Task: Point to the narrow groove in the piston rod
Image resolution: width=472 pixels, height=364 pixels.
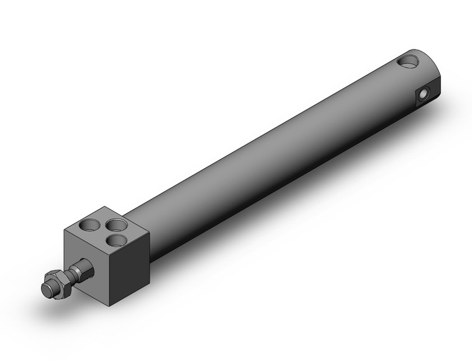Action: (70, 276)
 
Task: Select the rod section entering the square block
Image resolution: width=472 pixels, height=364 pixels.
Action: (84, 270)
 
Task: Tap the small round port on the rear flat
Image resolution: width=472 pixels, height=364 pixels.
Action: (424, 94)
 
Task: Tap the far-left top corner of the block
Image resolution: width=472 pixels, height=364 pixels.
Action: (65, 230)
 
